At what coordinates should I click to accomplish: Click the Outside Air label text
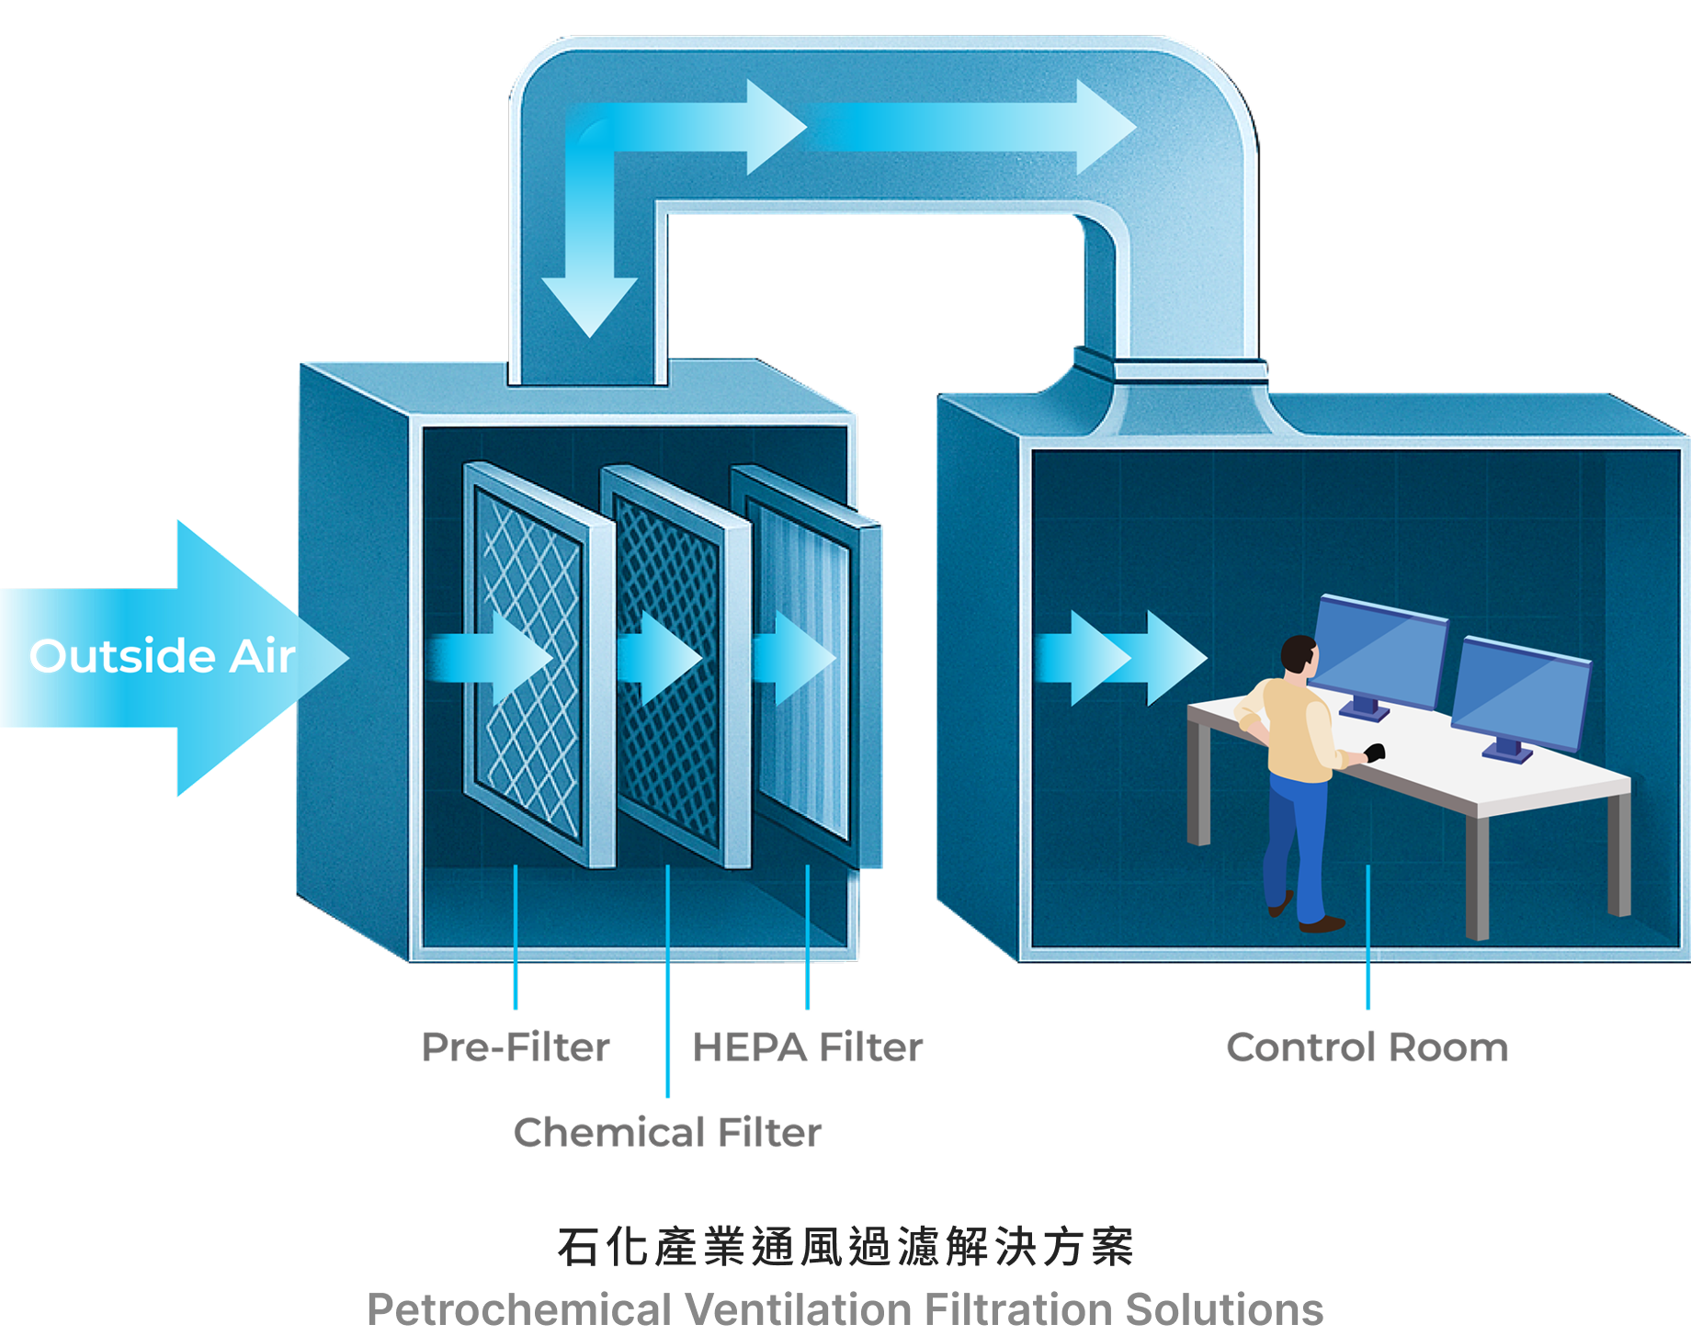(162, 656)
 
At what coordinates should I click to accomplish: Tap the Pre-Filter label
(516, 1047)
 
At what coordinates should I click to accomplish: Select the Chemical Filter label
(667, 1132)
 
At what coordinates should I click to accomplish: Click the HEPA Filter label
(807, 1047)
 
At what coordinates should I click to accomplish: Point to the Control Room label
(1367, 1047)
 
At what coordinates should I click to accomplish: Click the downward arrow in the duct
(589, 294)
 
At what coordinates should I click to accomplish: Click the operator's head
(1299, 654)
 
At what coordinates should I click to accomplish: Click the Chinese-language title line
(845, 1248)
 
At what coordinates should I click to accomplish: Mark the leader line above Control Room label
(1368, 937)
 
